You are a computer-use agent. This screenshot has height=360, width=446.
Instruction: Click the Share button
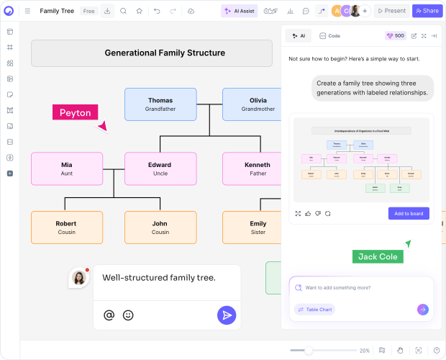point(427,11)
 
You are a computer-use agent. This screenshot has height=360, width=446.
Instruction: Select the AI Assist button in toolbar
point(239,11)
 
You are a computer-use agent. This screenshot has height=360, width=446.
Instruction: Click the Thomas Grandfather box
point(160,104)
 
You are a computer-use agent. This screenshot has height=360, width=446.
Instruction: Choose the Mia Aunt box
point(67,168)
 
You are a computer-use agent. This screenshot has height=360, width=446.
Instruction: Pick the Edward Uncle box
point(160,168)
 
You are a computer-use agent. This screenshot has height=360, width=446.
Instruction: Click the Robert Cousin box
point(67,228)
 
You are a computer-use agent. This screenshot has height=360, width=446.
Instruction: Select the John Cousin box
point(160,228)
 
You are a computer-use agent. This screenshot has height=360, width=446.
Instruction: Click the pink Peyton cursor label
point(75,112)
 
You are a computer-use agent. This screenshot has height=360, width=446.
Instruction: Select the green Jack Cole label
point(378,257)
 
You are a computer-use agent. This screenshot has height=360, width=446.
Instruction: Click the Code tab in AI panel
point(330,35)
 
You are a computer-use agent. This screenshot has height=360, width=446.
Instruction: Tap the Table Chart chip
point(314,310)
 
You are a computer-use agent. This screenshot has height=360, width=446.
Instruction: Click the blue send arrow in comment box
point(227,315)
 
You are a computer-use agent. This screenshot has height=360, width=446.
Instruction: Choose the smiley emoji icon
point(128,315)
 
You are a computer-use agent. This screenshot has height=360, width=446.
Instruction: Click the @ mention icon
point(109,315)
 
